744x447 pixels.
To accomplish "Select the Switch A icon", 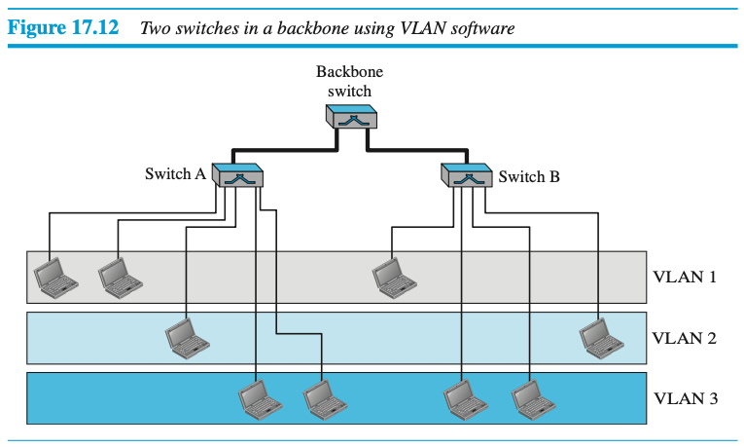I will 236,176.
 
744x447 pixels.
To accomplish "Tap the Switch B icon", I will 469,176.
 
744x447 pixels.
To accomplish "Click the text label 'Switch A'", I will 175,175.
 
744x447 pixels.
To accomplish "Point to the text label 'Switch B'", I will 529,177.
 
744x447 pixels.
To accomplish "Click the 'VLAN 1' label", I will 684,277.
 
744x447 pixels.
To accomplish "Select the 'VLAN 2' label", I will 684,338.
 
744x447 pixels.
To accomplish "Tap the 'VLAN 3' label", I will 684,397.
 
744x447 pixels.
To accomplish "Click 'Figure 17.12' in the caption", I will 63,26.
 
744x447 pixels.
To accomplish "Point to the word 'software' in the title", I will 480,27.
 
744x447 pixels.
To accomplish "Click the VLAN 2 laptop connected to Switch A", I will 185,336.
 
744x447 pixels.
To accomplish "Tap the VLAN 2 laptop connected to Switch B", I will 601,336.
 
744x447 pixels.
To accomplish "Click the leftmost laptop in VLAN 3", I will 258,396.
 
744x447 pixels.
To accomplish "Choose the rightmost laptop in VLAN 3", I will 531,396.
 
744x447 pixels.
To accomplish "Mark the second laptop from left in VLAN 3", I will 323,396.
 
